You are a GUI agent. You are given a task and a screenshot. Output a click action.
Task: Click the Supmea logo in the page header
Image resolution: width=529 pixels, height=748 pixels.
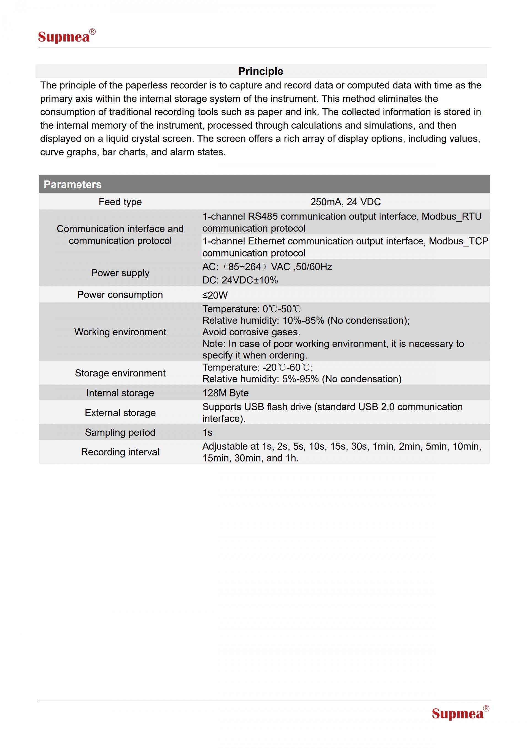(x=66, y=36)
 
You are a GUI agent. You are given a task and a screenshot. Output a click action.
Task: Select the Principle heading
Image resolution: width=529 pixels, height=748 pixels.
(x=261, y=71)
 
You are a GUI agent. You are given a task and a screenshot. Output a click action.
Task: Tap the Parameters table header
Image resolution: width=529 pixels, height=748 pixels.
(x=73, y=184)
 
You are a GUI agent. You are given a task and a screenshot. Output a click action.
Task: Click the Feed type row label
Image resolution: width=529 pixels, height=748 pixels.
(x=120, y=202)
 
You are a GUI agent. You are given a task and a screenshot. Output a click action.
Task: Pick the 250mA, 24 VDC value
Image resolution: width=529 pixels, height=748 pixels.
(x=345, y=202)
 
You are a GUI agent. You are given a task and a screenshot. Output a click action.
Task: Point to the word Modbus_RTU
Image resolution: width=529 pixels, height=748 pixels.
(x=452, y=216)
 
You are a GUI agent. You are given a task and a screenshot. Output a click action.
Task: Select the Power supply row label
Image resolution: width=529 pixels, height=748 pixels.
(x=120, y=273)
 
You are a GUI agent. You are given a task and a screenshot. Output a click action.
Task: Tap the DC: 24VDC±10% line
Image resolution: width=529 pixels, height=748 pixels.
(x=240, y=280)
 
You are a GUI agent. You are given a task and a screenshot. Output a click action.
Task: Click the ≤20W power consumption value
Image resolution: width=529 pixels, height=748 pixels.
(x=215, y=295)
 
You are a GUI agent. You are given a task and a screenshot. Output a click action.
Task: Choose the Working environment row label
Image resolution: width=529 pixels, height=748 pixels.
(x=120, y=332)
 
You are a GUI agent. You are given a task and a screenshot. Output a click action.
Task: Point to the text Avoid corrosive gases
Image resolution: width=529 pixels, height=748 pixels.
(x=251, y=332)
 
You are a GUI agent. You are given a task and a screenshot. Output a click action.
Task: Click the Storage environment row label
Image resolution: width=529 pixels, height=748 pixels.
(x=120, y=373)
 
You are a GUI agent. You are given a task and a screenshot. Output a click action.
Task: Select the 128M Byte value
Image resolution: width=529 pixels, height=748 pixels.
(x=225, y=393)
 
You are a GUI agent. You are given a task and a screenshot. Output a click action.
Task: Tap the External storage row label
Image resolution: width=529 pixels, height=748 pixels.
(x=120, y=413)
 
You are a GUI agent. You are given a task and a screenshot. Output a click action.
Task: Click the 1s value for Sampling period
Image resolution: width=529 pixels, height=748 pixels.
(x=207, y=432)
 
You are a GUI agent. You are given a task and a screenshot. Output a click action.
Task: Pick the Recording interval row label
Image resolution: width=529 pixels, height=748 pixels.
(x=120, y=452)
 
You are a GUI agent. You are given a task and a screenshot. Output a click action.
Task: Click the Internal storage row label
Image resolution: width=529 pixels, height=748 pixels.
(x=120, y=393)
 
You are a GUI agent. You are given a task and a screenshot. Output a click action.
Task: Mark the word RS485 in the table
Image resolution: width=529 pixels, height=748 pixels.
(x=263, y=216)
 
